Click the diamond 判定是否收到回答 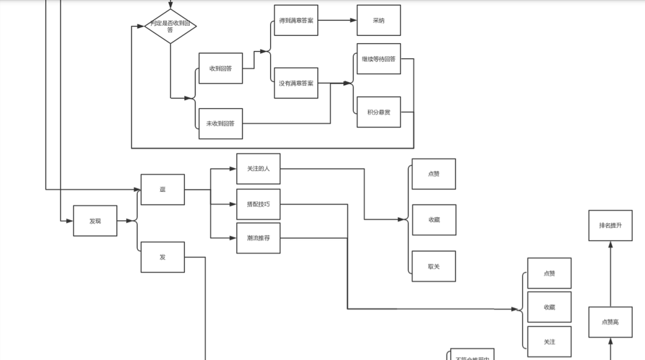[x=170, y=26]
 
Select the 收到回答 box [x=221, y=68]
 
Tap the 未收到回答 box [x=221, y=124]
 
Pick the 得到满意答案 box [x=296, y=20]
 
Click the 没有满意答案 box [x=296, y=83]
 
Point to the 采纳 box [x=379, y=20]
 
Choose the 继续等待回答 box [x=379, y=59]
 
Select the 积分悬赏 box [x=379, y=112]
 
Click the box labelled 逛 [x=163, y=190]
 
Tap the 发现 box [x=95, y=221]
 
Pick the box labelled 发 [x=163, y=257]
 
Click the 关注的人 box [x=258, y=169]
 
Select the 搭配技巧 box [x=258, y=205]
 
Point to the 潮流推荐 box [x=258, y=238]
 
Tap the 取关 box [x=434, y=266]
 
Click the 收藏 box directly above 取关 [x=434, y=220]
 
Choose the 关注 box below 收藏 [x=549, y=342]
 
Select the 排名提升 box [x=610, y=226]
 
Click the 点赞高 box [x=610, y=322]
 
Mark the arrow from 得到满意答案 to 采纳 [x=337, y=20]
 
